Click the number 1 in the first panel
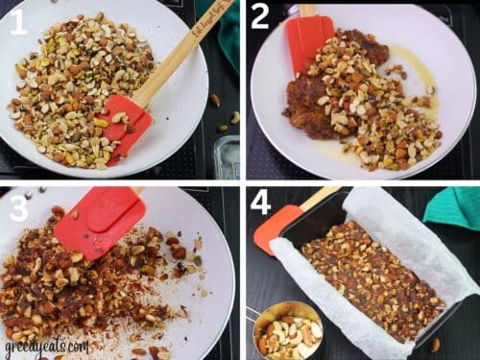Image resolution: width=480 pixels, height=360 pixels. pyautogui.click(x=18, y=21)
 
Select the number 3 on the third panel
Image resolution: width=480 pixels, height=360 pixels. pyautogui.click(x=18, y=207)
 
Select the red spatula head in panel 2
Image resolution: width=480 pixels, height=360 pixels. pyautogui.click(x=308, y=39)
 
